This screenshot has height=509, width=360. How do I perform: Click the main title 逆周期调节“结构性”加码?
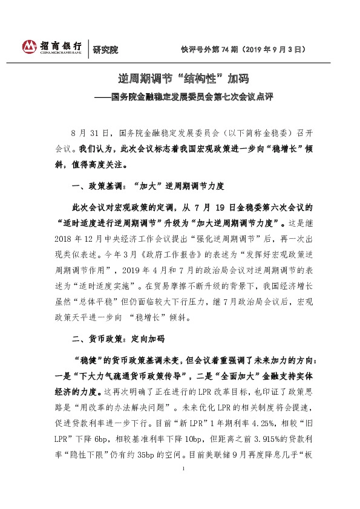180,80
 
